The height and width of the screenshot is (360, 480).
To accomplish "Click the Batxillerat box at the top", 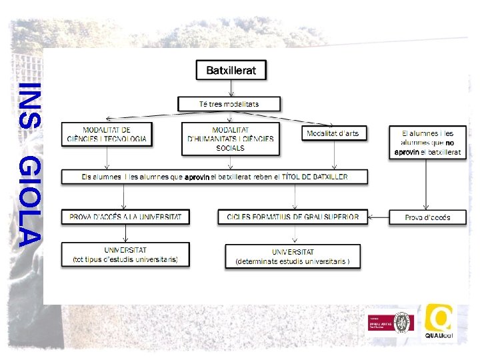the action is click(231, 70).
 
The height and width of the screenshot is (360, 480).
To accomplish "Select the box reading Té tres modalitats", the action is click(229, 104).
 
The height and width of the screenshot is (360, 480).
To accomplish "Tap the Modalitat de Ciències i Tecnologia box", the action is click(107, 134).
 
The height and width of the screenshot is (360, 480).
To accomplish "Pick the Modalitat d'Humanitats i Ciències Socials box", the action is click(229, 139).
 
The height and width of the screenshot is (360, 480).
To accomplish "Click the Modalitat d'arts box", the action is click(333, 133).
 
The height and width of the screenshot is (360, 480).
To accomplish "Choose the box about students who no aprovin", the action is click(427, 143).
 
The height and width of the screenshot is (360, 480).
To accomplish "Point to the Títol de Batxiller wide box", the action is click(214, 177).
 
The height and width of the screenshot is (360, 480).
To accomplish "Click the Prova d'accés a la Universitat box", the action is click(125, 217).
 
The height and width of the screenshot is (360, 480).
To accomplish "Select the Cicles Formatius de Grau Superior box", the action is click(293, 217).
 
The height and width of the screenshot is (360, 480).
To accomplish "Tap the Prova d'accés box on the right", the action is click(427, 217).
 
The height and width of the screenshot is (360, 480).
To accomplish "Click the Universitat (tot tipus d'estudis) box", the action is click(125, 255).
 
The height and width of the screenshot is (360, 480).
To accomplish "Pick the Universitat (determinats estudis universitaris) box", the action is click(293, 257).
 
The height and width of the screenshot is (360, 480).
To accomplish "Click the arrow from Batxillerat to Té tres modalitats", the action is click(231, 88).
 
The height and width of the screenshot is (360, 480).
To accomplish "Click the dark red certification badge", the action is click(381, 323).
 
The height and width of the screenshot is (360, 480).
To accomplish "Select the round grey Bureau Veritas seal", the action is click(403, 323).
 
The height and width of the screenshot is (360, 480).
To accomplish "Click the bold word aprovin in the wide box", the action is click(197, 177).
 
